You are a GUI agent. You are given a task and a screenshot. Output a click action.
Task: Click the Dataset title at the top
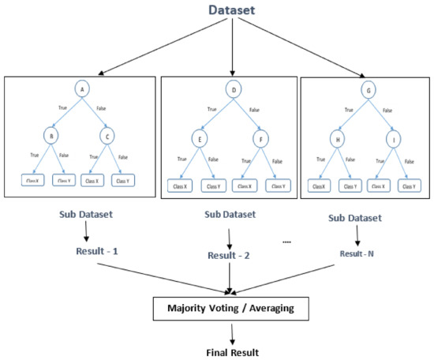click(x=231, y=10)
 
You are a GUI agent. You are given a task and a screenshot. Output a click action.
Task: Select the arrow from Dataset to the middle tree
click(x=231, y=47)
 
